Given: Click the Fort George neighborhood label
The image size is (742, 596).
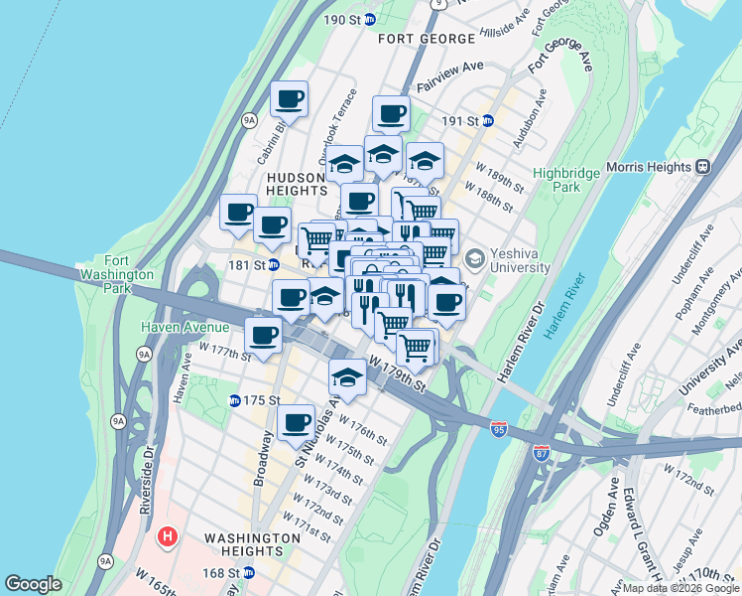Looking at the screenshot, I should pyautogui.click(x=427, y=39).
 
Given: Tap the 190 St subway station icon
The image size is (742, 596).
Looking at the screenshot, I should pyautogui.click(x=370, y=19).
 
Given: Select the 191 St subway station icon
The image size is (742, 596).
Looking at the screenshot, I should pyautogui.click(x=487, y=121).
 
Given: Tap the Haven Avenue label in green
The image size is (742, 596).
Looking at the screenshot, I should pyautogui.click(x=185, y=327).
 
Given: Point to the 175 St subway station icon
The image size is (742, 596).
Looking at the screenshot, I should pyautogui.click(x=235, y=400).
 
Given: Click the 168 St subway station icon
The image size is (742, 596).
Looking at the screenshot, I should pyautogui.click(x=249, y=572).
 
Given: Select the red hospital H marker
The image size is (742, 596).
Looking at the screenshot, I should pyautogui.click(x=168, y=537).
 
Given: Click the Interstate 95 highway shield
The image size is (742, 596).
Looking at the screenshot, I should pyautogui.click(x=498, y=429).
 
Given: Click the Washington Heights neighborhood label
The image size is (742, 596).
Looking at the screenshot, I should pyautogui.click(x=252, y=544).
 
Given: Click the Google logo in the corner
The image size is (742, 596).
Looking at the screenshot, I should pyautogui.click(x=33, y=584).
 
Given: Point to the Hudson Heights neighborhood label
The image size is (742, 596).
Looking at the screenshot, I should pyautogui.click(x=297, y=184).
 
